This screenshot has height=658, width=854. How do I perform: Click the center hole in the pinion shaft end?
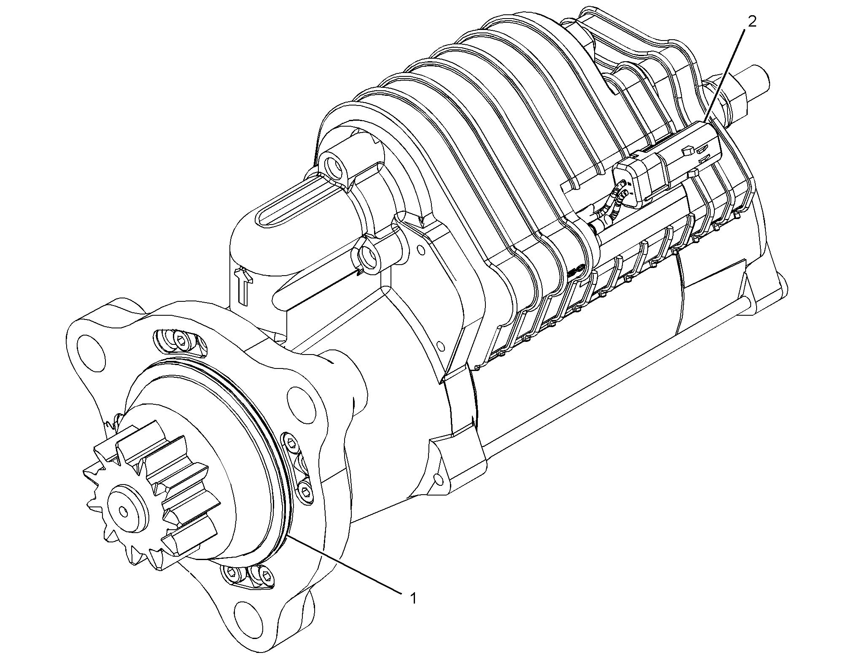[x=123, y=511]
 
